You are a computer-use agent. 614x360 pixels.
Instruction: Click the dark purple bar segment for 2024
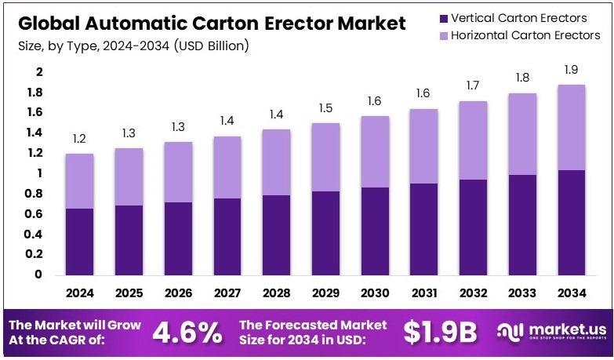pos(80,242)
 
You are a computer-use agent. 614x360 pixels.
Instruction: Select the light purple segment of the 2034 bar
pos(570,127)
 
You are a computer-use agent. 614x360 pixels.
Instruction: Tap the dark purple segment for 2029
pos(325,233)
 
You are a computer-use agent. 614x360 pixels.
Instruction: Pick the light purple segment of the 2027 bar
pos(227,167)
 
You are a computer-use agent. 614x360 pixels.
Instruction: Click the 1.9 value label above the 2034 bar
pos(570,71)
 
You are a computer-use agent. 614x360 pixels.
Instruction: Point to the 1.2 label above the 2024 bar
pos(80,139)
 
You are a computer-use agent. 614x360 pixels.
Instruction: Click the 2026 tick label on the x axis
pos(178,293)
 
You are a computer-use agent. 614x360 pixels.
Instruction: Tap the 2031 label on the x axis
pos(423,293)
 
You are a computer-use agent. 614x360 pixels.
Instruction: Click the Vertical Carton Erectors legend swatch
pos(445,18)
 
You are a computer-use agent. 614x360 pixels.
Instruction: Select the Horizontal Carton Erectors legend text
pos(525,36)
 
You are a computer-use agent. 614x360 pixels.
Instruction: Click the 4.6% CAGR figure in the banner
pos(187,332)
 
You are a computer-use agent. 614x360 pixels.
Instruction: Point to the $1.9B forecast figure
pos(440,332)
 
